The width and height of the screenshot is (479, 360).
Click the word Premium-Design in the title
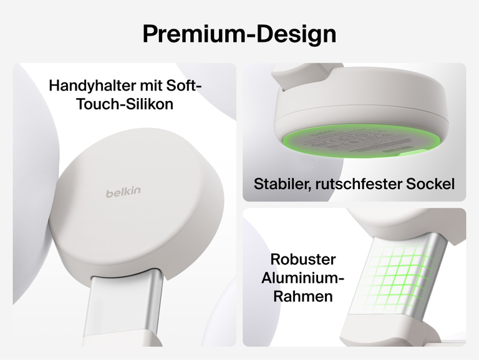point(239,34)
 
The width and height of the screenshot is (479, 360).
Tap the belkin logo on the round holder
point(123,193)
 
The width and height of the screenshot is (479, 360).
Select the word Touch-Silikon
point(124,104)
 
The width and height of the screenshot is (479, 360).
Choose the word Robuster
point(303,259)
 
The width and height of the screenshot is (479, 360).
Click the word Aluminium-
point(303,277)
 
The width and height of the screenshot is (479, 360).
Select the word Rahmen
point(303,296)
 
